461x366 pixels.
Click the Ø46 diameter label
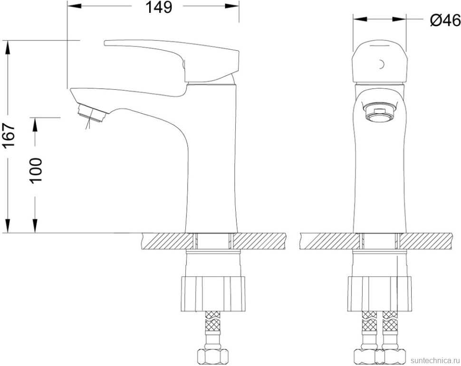click(x=444, y=20)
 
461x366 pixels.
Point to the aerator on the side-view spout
click(x=90, y=114)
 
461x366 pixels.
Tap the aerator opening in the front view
click(x=379, y=114)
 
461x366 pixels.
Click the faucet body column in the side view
click(x=211, y=166)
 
